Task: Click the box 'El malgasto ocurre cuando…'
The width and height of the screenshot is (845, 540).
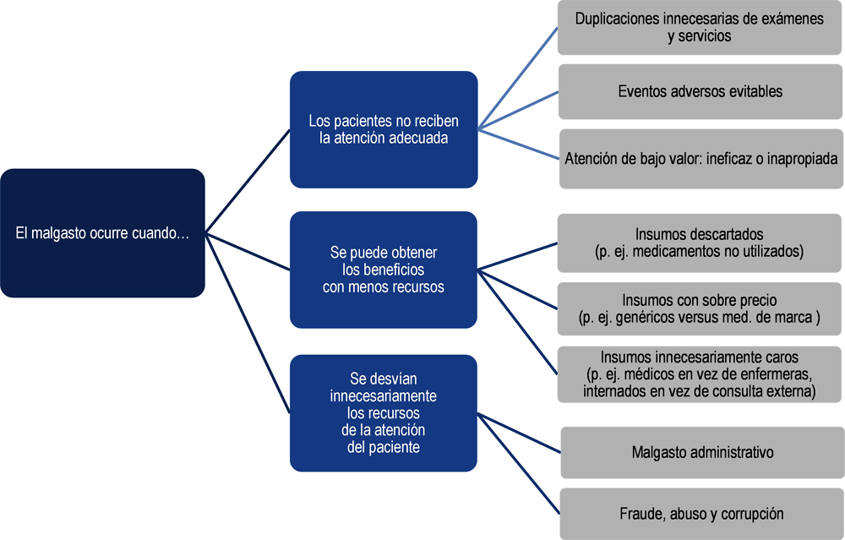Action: pyautogui.click(x=102, y=232)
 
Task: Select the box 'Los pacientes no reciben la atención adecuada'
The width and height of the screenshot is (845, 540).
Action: pyautogui.click(x=384, y=129)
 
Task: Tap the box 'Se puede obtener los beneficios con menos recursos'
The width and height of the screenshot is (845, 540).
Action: pyautogui.click(x=384, y=270)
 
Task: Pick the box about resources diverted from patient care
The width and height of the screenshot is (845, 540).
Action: pyautogui.click(x=384, y=412)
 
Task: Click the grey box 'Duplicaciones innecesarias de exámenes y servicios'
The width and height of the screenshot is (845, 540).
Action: pyautogui.click(x=700, y=28)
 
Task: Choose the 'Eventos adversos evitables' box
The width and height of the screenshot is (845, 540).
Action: pyautogui.click(x=700, y=91)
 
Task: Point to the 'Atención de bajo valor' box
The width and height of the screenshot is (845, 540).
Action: pyautogui.click(x=701, y=158)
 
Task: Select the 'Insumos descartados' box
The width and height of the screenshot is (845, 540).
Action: pyautogui.click(x=700, y=243)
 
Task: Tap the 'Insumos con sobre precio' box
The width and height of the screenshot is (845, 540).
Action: pyautogui.click(x=700, y=308)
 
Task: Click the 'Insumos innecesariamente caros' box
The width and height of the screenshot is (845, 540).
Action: pyautogui.click(x=700, y=374)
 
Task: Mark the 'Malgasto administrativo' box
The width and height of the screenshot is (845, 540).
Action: pyautogui.click(x=703, y=453)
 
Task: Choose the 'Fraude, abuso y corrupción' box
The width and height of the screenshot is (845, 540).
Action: pyautogui.click(x=702, y=514)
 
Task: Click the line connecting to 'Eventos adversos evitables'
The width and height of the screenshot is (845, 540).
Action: pyautogui.click(x=518, y=111)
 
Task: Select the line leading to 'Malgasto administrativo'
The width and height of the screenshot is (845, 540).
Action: pyautogui.click(x=519, y=434)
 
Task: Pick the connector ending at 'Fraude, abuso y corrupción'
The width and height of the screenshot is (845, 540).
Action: pyautogui.click(x=519, y=463)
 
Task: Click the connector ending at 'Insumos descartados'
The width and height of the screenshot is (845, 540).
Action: pyautogui.click(x=517, y=256)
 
